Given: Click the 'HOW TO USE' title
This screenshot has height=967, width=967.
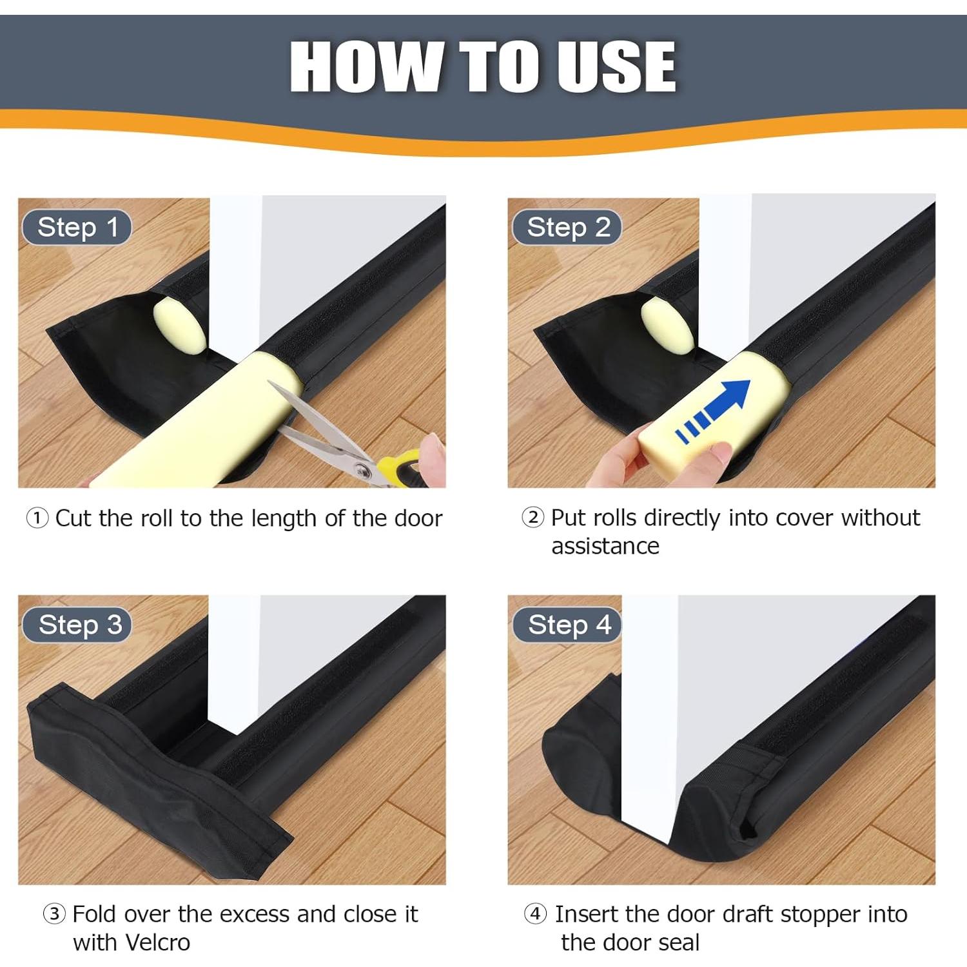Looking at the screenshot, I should (483, 66).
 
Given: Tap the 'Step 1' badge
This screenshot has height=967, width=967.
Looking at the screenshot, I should (77, 228).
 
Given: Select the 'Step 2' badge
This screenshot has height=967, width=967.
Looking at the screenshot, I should (567, 228).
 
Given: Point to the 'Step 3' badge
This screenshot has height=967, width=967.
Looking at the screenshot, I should (79, 625).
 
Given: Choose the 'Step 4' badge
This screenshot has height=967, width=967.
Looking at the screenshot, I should (569, 625).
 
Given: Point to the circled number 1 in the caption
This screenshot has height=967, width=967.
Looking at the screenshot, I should (37, 518).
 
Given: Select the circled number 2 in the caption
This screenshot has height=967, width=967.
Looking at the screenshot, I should (532, 517).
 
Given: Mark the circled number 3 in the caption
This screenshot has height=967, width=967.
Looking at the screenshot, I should (54, 913).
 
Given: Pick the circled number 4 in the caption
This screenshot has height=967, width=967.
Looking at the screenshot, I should (535, 913).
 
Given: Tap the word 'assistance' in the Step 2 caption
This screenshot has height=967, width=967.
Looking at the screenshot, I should (605, 546).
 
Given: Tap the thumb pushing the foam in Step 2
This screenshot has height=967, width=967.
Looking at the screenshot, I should (716, 454).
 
